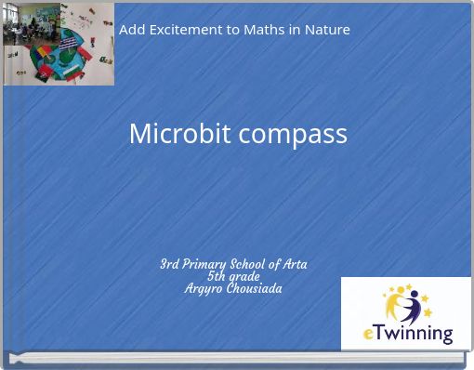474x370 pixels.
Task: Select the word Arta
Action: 294,264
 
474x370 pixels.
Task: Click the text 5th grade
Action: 233,276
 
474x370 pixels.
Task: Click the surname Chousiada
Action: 254,288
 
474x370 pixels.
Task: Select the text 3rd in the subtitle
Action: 169,264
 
